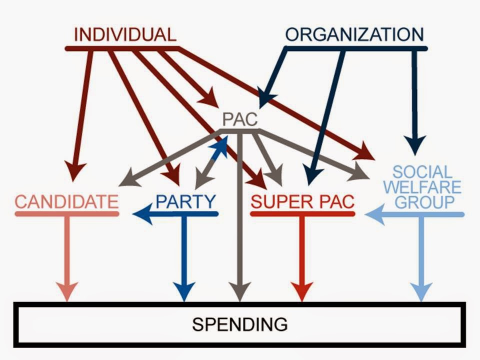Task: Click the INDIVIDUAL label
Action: pos(125,35)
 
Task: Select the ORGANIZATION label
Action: pos(354,35)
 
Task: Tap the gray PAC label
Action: pos(240,120)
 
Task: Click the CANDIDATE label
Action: pos(67,202)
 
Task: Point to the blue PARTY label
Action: pos(186,201)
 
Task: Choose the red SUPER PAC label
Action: pos(302,202)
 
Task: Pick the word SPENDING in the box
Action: pos(240,324)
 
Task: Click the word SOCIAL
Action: pos(422,172)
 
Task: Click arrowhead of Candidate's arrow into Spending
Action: pos(67,291)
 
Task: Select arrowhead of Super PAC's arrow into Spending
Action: pos(302,291)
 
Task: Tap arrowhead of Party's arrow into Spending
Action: pos(185,291)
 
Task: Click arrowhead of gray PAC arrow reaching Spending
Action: pos(240,291)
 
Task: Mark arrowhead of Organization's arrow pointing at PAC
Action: pos(264,96)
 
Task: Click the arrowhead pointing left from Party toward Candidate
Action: pos(141,214)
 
